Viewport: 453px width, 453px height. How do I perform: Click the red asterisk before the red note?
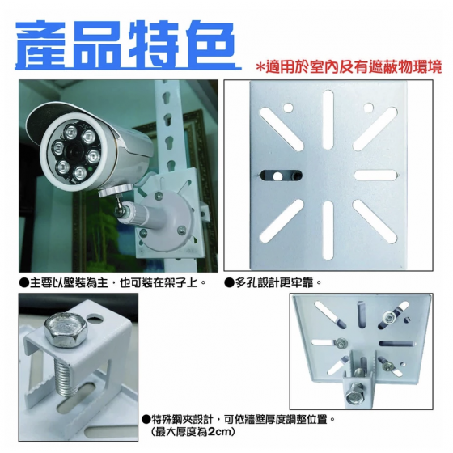tap(260, 68)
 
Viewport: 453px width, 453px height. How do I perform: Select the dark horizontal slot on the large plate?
tap(281, 176)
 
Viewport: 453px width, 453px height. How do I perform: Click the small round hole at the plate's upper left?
tap(288, 108)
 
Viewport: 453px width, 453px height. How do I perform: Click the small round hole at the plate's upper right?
tap(368, 108)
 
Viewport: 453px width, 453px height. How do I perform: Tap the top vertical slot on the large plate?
tap(328, 120)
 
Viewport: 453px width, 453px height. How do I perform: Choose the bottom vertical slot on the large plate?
tap(328, 230)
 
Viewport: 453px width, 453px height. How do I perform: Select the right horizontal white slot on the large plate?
tap(375, 175)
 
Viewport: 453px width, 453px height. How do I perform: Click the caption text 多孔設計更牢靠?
tap(274, 283)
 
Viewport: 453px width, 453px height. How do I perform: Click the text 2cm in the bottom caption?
tap(218, 432)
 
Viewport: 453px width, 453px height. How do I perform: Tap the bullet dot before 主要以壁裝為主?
tap(23, 283)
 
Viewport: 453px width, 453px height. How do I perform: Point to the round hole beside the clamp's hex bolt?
tap(95, 320)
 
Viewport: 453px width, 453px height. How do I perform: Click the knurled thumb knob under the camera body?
tap(116, 190)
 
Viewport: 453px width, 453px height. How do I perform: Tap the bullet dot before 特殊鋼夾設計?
tap(145, 419)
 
